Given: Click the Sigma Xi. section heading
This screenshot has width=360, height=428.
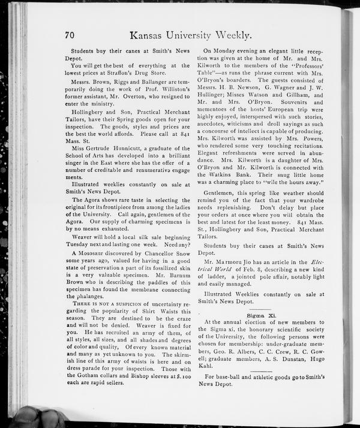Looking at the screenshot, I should coord(260,314).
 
